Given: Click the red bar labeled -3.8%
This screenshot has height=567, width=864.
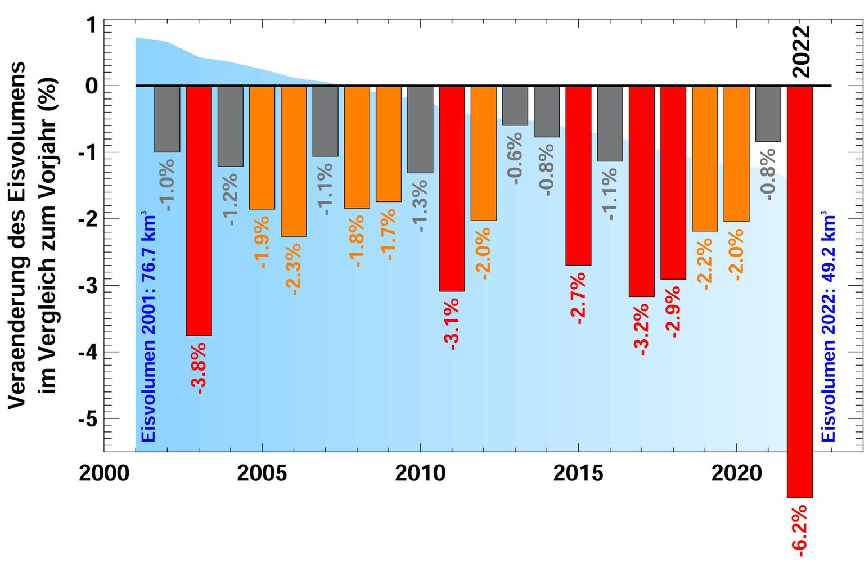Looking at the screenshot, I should [x=199, y=210].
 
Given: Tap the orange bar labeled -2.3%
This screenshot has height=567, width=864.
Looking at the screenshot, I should [x=294, y=161].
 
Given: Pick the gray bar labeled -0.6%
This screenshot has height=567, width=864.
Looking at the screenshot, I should [x=515, y=106].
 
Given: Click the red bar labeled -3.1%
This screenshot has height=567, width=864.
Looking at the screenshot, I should [x=452, y=188].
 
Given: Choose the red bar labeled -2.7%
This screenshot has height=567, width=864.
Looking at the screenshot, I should [x=578, y=175].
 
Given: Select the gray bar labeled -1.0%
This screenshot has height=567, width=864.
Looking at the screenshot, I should [x=167, y=119].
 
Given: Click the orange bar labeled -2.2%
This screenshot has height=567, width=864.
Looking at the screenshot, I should [x=705, y=158].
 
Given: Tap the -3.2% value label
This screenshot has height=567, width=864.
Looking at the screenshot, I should [x=641, y=330].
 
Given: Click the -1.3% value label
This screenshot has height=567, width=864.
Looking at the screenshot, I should [x=420, y=206].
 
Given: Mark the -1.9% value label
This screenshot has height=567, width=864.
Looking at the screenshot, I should [x=262, y=242].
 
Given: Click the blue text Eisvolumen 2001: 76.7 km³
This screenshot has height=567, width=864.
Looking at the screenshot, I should [x=148, y=326].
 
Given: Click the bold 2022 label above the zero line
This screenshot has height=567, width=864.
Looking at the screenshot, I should [x=800, y=51].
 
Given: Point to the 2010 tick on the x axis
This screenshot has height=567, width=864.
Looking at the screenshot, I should [x=420, y=473].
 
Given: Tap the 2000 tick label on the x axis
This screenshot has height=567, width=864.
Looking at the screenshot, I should [x=104, y=473].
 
